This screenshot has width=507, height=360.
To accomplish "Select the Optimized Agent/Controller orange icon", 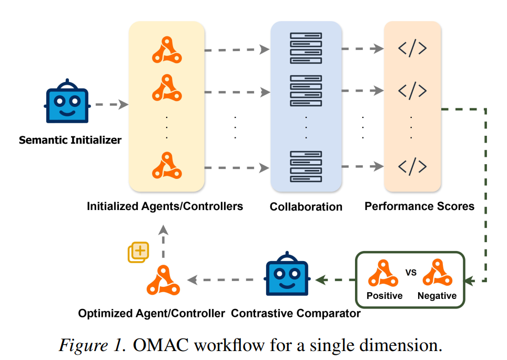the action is coord(163,280).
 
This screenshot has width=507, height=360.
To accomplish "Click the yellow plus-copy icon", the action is coord(138,252).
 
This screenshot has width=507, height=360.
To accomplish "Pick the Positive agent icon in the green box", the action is coord(383,273).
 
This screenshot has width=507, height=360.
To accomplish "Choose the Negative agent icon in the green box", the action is coord(438,273).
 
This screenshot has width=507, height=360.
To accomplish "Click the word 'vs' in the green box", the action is coord(411,272).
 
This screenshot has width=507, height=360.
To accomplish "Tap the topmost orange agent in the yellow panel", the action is coord(167,50).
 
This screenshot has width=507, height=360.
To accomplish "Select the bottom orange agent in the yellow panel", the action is coord(167,165).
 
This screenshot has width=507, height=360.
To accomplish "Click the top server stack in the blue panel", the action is coord(306,48).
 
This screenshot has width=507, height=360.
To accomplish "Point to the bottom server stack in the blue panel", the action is coord(306,166).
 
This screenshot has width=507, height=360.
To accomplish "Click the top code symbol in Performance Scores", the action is coord(412,48).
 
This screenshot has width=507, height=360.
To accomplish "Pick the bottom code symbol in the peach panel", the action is coord(412,166).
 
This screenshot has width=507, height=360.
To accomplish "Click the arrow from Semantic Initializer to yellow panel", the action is coord(112,105).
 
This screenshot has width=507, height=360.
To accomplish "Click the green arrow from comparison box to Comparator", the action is coord(336,280).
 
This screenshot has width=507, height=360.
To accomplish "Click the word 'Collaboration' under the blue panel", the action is coord(306,207).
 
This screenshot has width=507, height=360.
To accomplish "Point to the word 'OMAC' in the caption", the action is coord(161,345).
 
